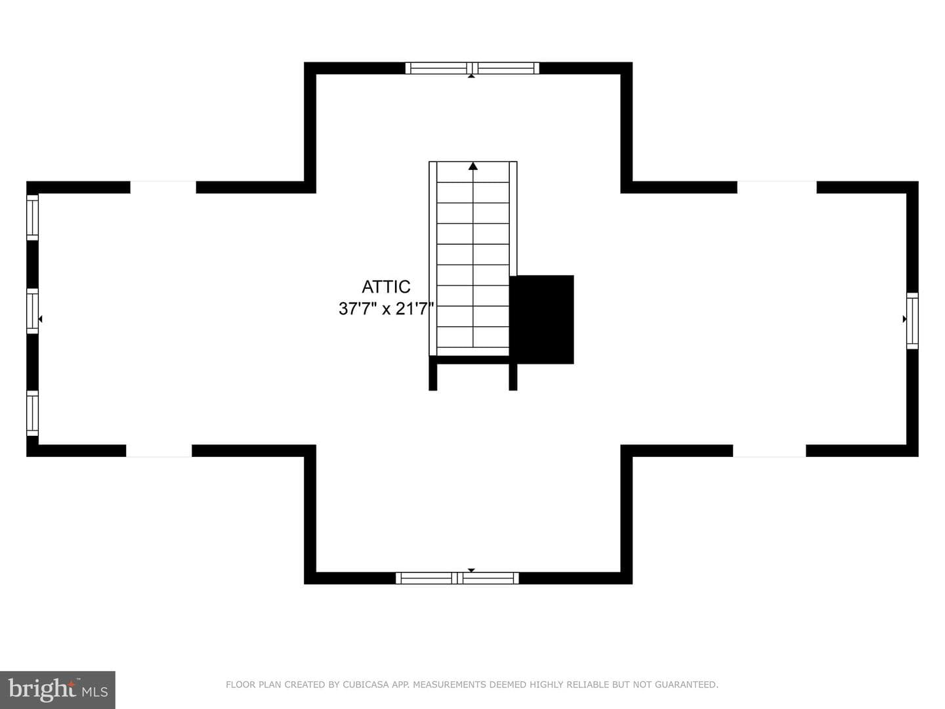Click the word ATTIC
pyautogui.click(x=386, y=287)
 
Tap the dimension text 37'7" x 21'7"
pyautogui.click(x=386, y=309)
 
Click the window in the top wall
pyautogui.click(x=472, y=68)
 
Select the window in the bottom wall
pyautogui.click(x=457, y=578)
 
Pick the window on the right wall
pyautogui.click(x=912, y=321)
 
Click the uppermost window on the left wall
pyautogui.click(x=33, y=217)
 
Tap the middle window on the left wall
pyautogui.click(x=33, y=311)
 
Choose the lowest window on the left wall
pyautogui.click(x=33, y=414)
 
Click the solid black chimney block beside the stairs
pyautogui.click(x=541, y=320)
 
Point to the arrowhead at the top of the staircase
pyautogui.click(x=473, y=165)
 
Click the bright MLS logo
pyautogui.click(x=58, y=689)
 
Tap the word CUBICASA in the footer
pyautogui.click(x=366, y=685)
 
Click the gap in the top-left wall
pyautogui.click(x=163, y=187)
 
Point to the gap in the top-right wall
pyautogui.click(x=777, y=187)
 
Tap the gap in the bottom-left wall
pyautogui.click(x=159, y=451)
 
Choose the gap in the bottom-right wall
pyautogui.click(x=769, y=451)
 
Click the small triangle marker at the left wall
pyautogui.click(x=41, y=319)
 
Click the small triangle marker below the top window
pyautogui.click(x=471, y=76)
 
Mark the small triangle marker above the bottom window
pyautogui.click(x=471, y=570)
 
